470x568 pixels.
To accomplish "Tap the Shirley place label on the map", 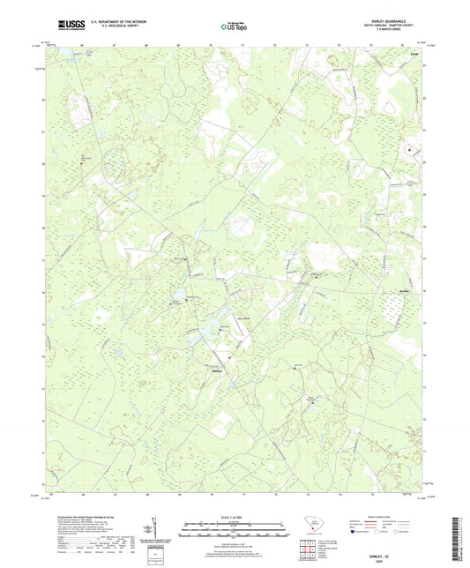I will pos(212,371).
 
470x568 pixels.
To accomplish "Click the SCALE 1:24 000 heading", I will pos(234,517).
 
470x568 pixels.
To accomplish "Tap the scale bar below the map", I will pos(234,532).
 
